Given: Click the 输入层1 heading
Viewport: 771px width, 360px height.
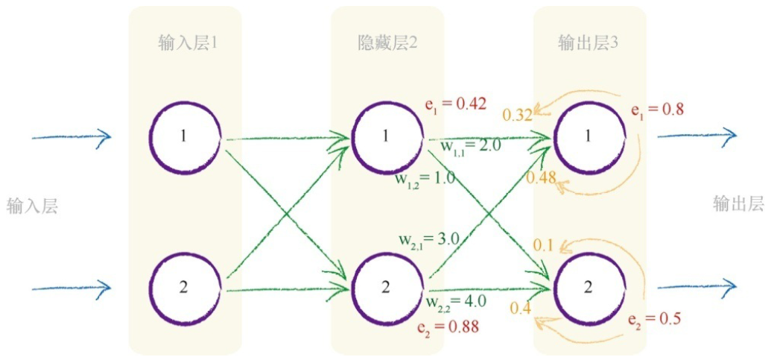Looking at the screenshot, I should click(188, 43).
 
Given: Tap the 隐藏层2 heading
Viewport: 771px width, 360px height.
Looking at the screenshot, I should click(387, 43).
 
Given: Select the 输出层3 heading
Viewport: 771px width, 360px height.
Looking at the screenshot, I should click(588, 43).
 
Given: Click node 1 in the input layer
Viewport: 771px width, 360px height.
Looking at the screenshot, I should click(185, 136).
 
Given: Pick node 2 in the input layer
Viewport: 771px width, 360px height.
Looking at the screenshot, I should click(185, 288).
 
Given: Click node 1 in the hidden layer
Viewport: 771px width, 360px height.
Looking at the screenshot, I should click(386, 136).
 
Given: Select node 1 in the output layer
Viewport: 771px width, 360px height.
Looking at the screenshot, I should click(588, 136).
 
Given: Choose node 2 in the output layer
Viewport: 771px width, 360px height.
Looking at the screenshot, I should click(588, 288).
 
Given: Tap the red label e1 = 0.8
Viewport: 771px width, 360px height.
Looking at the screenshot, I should click(657, 110).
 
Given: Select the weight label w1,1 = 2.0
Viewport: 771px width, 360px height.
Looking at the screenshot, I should click(470, 145).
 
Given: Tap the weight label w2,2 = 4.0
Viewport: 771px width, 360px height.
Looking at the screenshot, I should click(456, 301).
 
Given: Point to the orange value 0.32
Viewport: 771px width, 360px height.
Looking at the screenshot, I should click(517, 115).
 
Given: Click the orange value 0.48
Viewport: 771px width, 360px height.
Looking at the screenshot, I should click(542, 177).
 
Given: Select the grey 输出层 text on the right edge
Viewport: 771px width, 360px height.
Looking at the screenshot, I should click(738, 203).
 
